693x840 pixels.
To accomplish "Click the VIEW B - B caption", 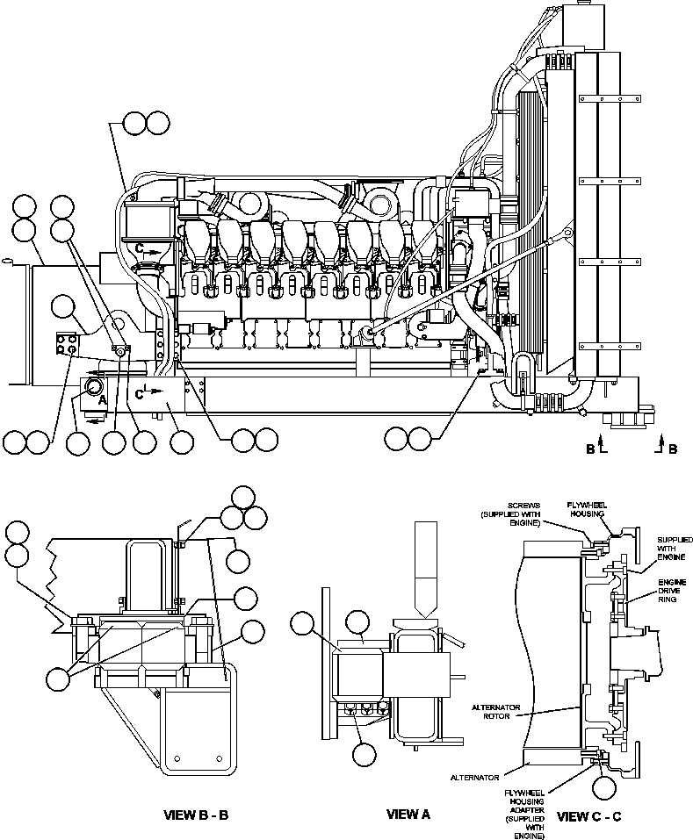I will pos(196,815).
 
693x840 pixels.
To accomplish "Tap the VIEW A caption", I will pos(408,815).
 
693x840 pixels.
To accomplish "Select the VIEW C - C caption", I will pos(589,816).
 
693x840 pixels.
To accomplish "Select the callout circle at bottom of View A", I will pos(366,752).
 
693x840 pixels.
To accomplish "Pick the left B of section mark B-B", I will pos(591,449).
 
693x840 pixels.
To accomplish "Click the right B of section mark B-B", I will pos(673,449).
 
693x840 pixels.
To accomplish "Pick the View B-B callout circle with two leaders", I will pos(60,678).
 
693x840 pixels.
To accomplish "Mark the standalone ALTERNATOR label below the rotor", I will pos(475,777).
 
